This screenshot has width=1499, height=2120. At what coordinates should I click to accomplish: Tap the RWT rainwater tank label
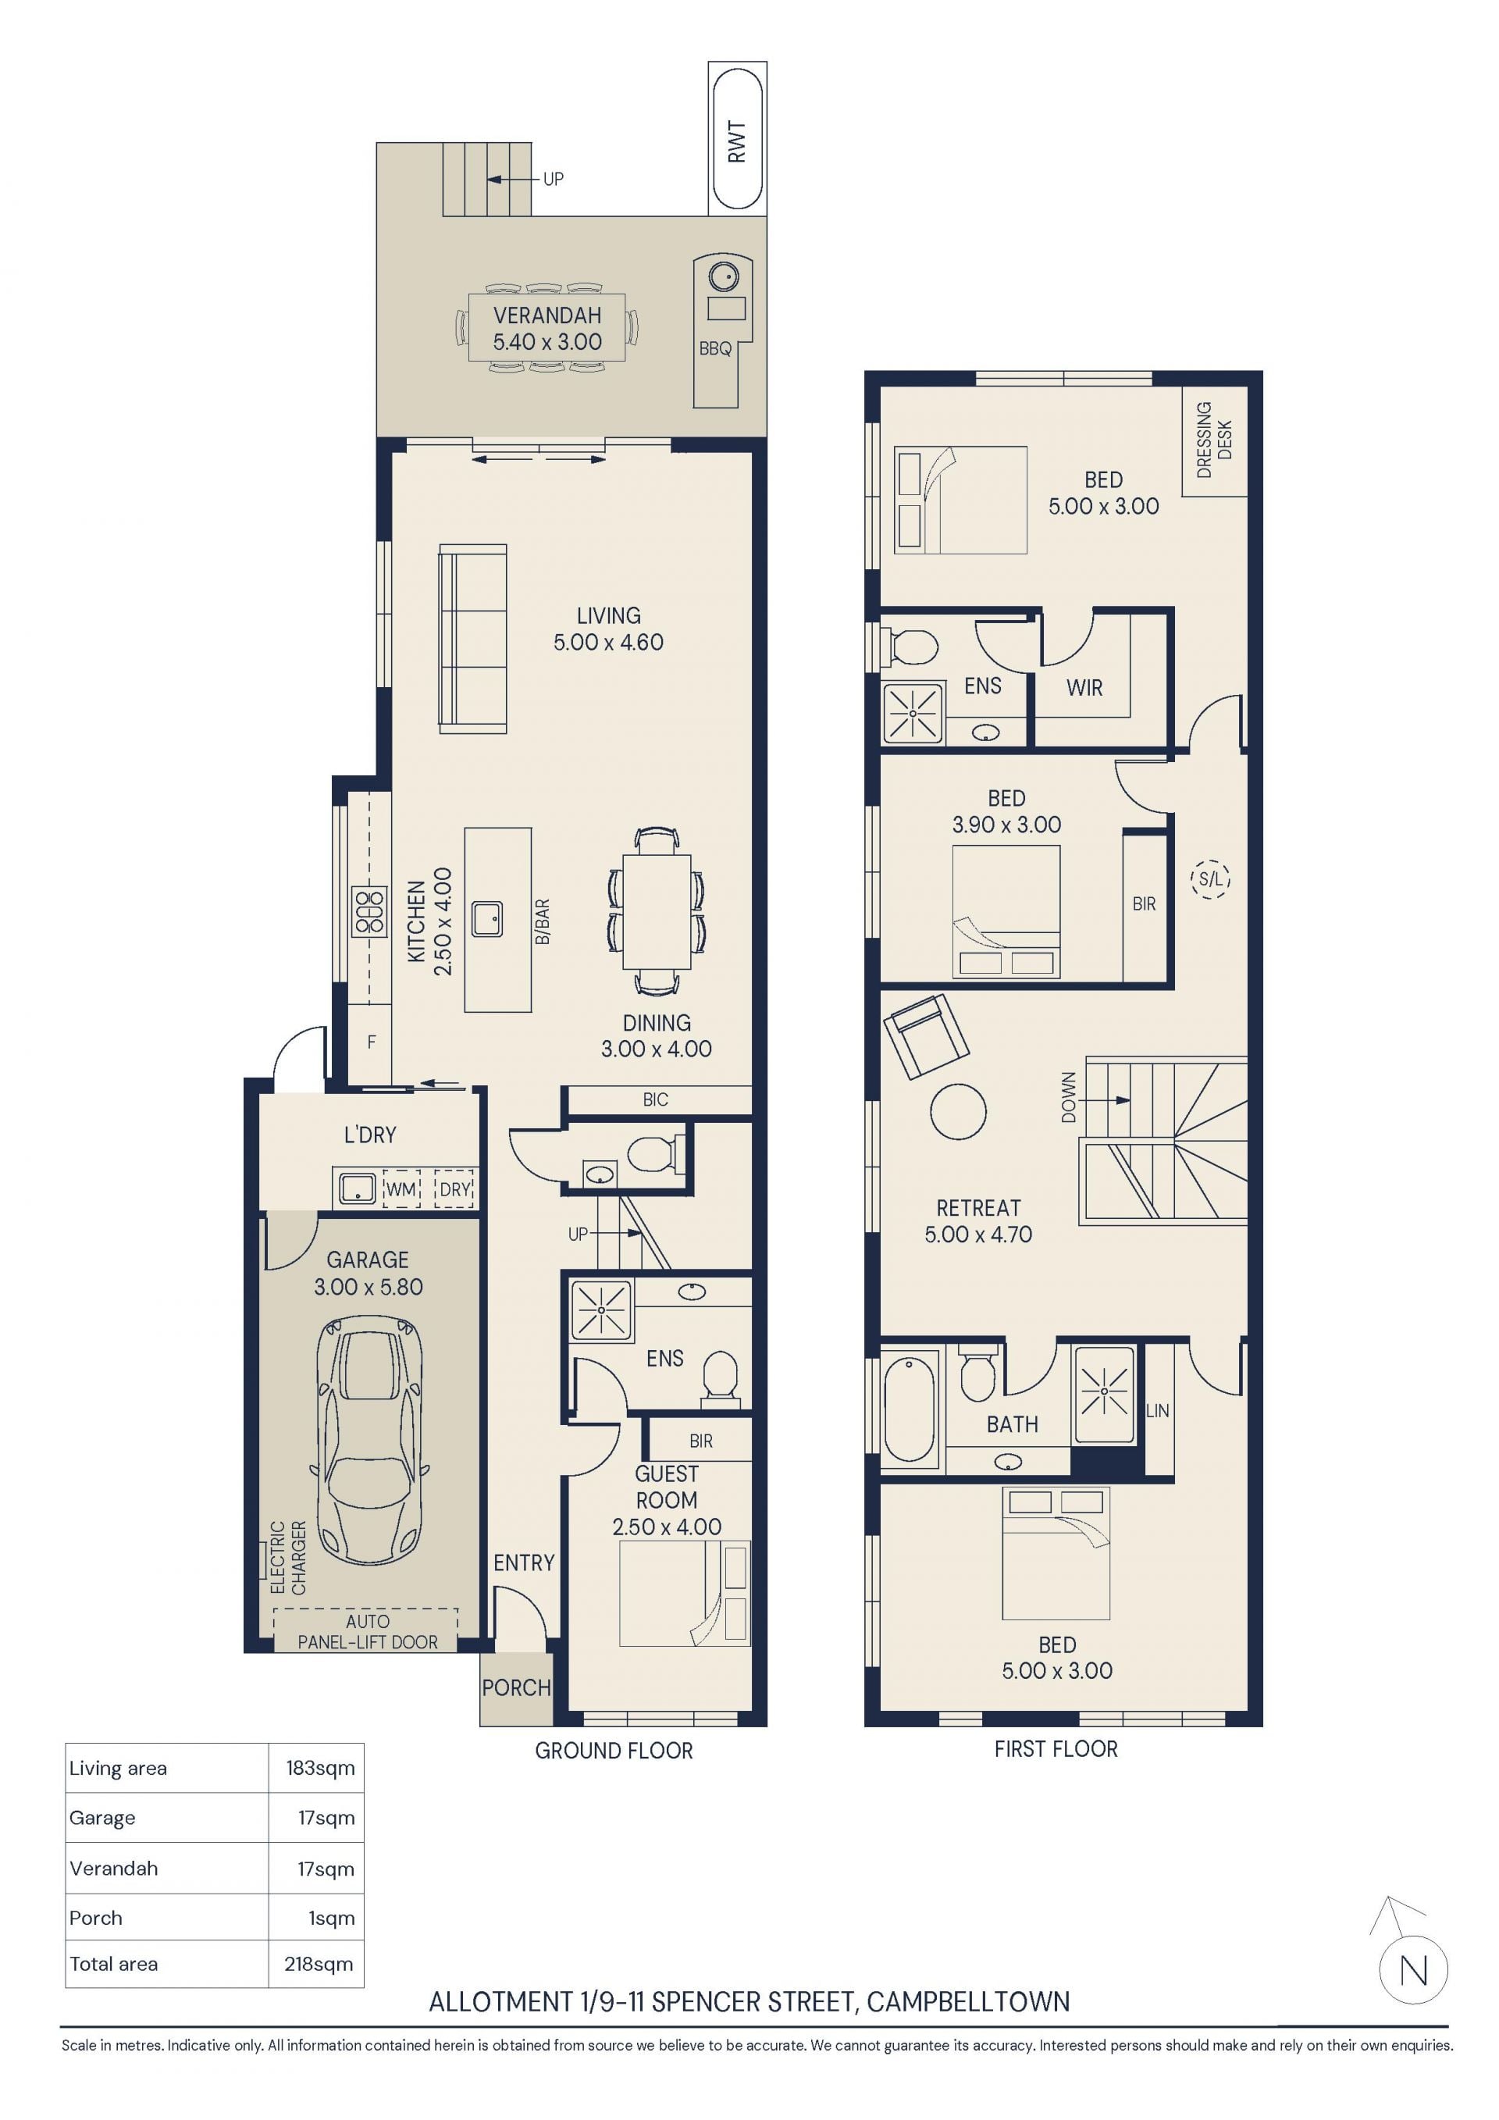(x=736, y=141)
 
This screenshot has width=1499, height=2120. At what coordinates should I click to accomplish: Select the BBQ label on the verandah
(x=714, y=349)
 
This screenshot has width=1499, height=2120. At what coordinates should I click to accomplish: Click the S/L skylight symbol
(x=1210, y=879)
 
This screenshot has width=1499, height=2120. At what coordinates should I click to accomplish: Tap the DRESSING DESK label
(x=1214, y=440)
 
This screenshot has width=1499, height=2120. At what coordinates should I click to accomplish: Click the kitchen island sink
(x=487, y=919)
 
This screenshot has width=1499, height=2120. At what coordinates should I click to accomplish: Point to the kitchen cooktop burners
(x=369, y=911)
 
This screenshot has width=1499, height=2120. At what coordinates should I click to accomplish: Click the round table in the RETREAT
(x=958, y=1111)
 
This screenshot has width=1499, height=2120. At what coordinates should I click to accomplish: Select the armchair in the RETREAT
(x=926, y=1036)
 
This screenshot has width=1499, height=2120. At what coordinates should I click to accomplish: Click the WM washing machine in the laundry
(x=401, y=1189)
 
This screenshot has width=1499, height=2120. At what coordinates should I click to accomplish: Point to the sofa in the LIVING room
(x=472, y=639)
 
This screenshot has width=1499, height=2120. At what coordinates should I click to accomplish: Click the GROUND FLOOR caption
(x=614, y=1750)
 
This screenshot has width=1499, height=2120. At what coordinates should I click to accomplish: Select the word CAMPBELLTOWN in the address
(x=968, y=2002)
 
